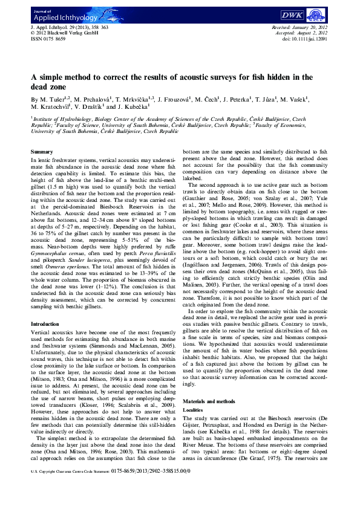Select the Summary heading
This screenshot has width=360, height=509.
[42, 151]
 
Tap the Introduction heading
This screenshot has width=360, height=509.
[46, 323]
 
